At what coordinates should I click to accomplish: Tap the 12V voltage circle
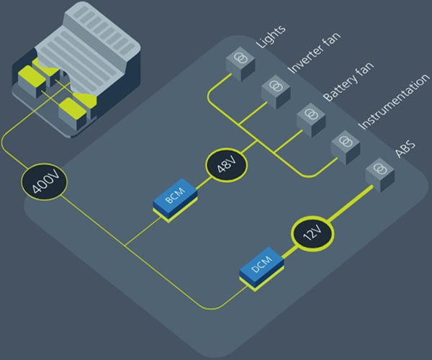312,235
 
